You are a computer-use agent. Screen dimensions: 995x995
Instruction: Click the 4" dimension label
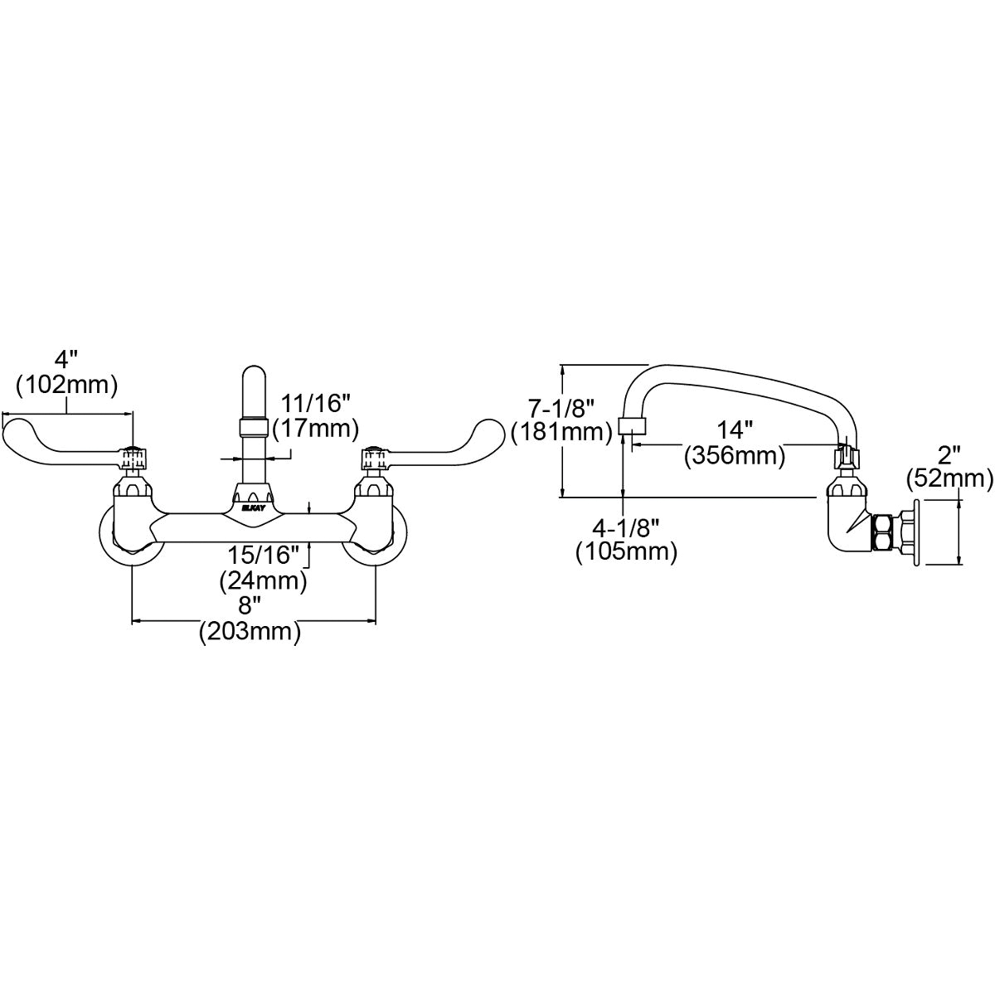[66, 359]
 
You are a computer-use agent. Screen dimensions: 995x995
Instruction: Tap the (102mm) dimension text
[67, 385]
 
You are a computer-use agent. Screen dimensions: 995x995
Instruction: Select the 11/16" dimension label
[315, 403]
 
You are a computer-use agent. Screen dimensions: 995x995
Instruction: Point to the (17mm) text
[315, 429]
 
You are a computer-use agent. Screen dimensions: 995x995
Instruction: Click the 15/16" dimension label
[264, 555]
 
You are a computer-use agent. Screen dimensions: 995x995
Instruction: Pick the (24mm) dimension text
[264, 581]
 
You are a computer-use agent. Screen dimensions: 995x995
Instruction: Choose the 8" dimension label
[248, 604]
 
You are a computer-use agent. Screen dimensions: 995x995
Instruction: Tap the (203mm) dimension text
[250, 631]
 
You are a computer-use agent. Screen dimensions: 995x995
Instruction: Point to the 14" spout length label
[735, 429]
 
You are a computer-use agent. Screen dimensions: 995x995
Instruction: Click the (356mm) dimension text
[735, 456]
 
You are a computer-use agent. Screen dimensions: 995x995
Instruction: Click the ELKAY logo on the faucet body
[254, 508]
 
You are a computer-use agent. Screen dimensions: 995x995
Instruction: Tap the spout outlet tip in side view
[633, 425]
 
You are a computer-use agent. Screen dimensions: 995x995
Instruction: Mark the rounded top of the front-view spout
[255, 373]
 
